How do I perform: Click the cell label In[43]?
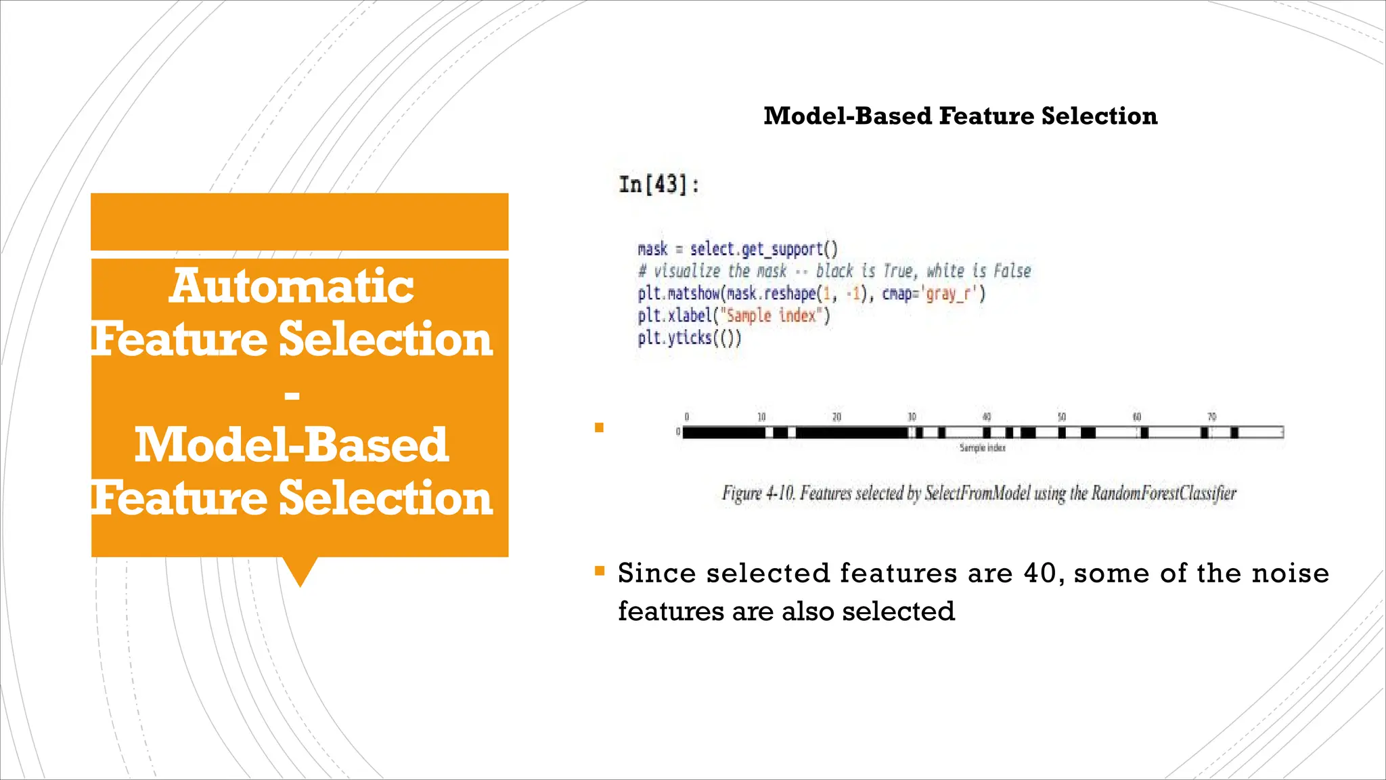click(x=659, y=184)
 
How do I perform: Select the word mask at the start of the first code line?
click(x=652, y=249)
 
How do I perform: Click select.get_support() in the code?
click(x=763, y=249)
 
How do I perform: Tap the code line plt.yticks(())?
click(x=689, y=337)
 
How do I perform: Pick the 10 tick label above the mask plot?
click(x=761, y=416)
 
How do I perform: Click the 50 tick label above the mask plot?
click(x=1062, y=416)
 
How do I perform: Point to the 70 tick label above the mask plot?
click(x=1212, y=416)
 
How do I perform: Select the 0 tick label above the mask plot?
click(x=686, y=416)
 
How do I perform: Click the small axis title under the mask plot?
click(x=982, y=448)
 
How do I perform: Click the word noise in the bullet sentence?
click(x=1290, y=573)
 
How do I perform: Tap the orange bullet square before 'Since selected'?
click(x=599, y=571)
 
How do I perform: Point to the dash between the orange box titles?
click(x=292, y=394)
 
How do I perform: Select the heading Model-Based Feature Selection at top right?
click(x=960, y=116)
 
